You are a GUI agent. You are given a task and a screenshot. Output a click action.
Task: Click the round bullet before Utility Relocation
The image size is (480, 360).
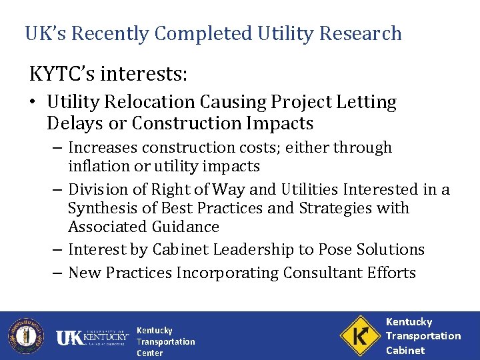pos(34,103)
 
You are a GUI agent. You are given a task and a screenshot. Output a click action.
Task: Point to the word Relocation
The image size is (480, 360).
pos(150,103)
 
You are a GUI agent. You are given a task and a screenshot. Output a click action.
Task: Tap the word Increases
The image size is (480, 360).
pos(101,147)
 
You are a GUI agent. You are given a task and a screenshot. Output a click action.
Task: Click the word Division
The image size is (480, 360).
pos(97,190)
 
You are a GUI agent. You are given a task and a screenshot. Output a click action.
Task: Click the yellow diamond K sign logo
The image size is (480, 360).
pos(359,335)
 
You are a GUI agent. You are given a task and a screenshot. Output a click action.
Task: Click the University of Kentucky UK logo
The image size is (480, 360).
pos(91,337)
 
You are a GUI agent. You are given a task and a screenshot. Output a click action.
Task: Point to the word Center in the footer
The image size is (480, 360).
pos(149,353)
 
